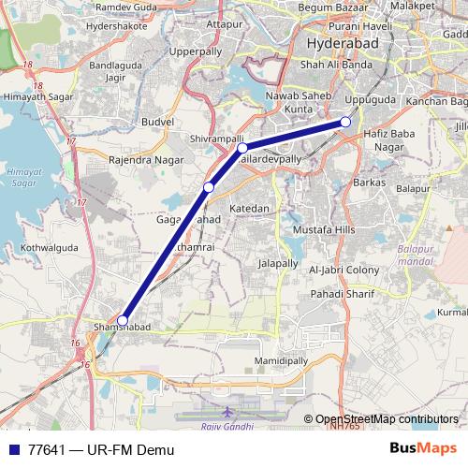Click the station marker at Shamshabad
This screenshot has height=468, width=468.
point(123,320)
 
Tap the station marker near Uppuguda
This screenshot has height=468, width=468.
point(345,123)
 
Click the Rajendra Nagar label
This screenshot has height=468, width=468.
point(144,159)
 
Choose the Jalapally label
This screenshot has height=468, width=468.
point(278,264)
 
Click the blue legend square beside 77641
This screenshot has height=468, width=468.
point(14,449)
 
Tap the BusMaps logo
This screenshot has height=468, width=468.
point(424,449)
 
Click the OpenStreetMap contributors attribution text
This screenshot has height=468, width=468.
point(387,419)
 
